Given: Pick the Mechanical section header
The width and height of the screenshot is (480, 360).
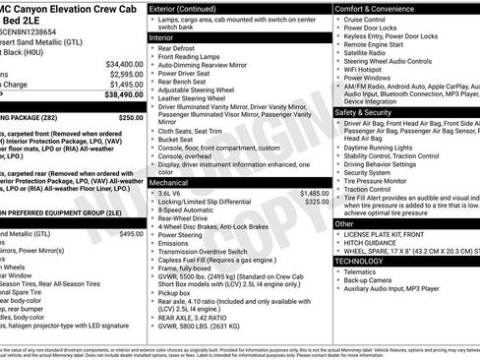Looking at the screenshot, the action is pos(173,183).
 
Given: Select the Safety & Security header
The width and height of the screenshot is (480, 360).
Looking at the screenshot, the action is pos(364,112).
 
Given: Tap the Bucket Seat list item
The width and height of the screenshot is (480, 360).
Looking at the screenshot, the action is pos(181,140).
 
